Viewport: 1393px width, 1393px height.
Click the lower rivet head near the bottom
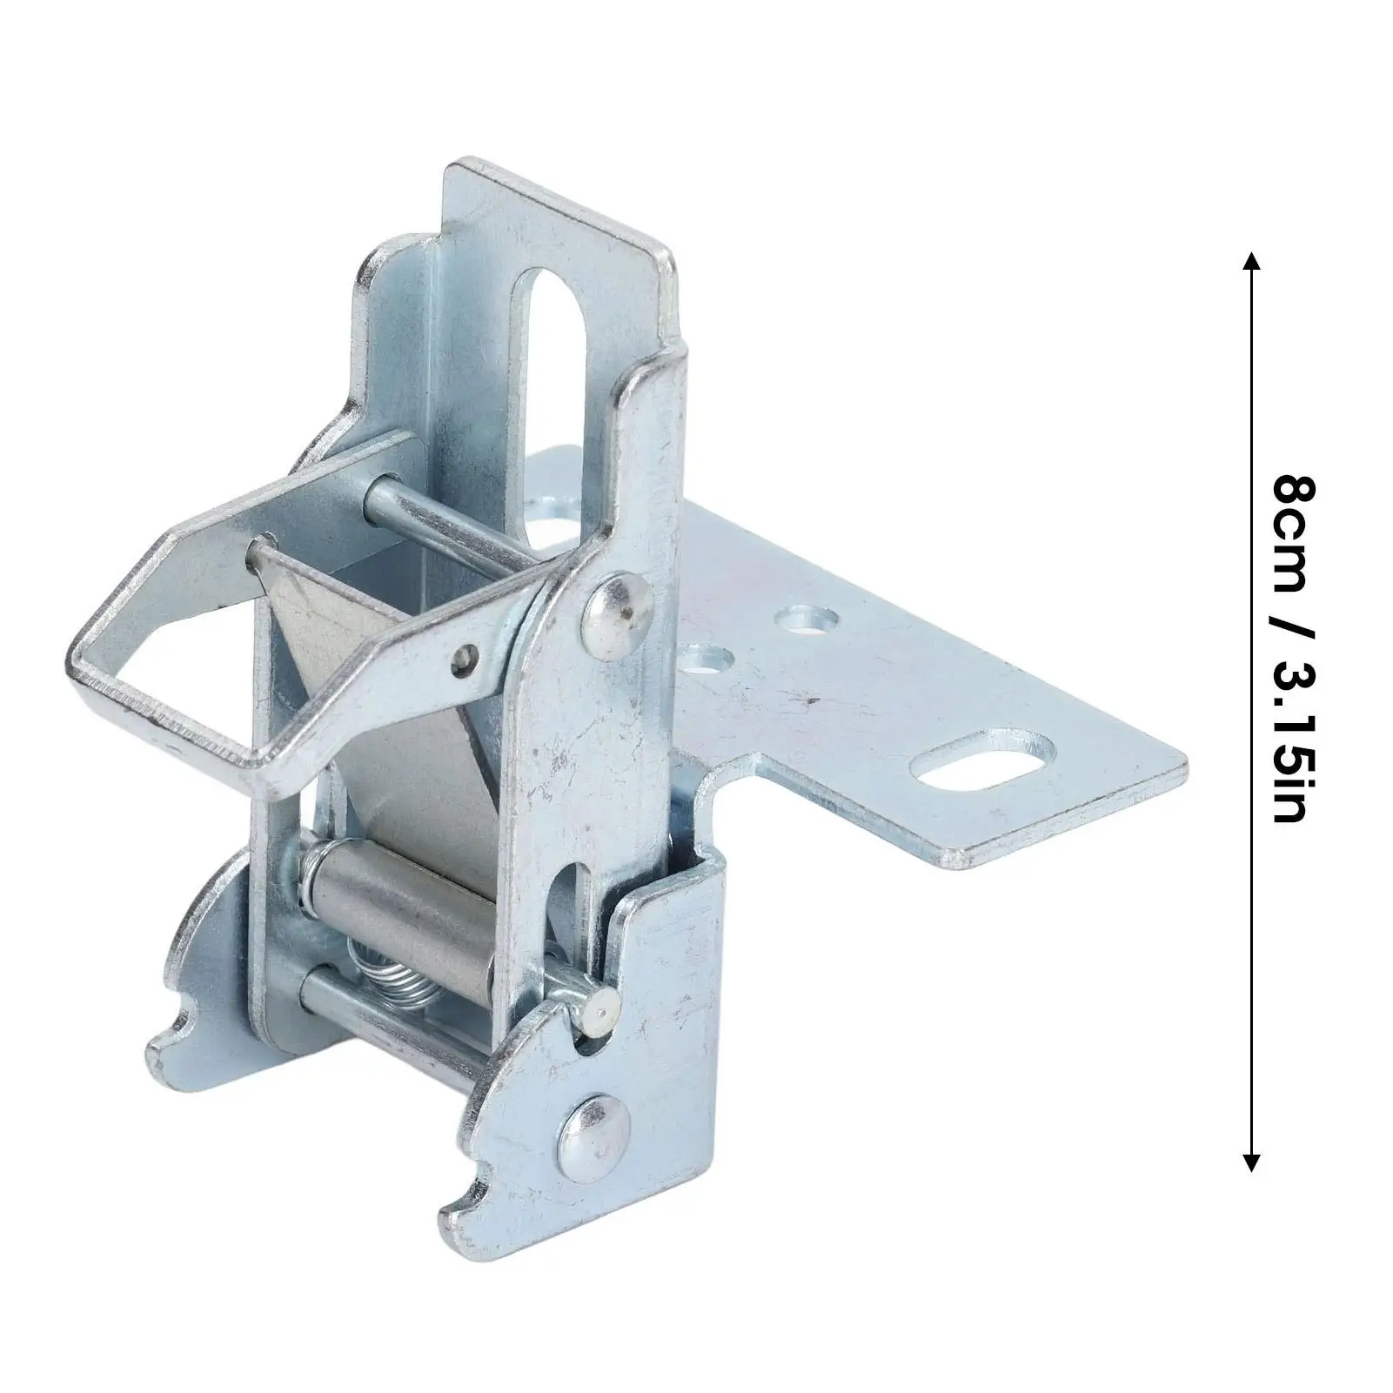593,1131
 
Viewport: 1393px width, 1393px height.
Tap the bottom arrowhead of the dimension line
1251,1162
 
